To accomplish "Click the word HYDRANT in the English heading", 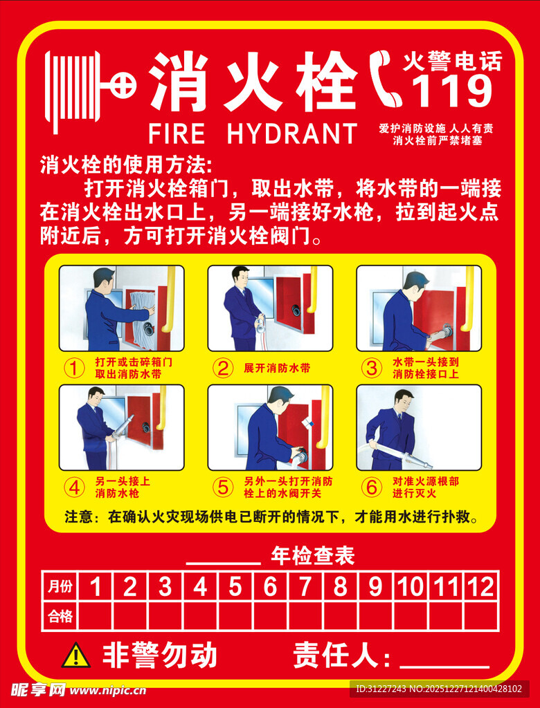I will (x=291, y=133).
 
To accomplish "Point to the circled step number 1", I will (x=74, y=368).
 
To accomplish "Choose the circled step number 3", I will (x=372, y=368).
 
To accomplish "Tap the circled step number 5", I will (x=223, y=487).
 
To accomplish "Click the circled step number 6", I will (x=372, y=487).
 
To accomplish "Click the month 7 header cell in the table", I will (x=305, y=587).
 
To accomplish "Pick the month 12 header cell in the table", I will (x=480, y=587).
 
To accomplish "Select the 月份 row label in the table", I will (x=60, y=587).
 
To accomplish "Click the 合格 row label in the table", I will (x=60, y=616).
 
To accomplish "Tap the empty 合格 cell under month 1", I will (x=96, y=616).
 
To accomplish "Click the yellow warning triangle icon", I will (x=75, y=655).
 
